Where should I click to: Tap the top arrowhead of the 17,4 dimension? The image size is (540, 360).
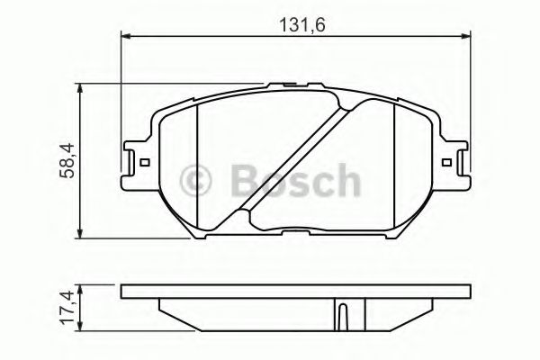[84, 288]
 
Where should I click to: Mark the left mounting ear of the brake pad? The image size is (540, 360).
[135, 162]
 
